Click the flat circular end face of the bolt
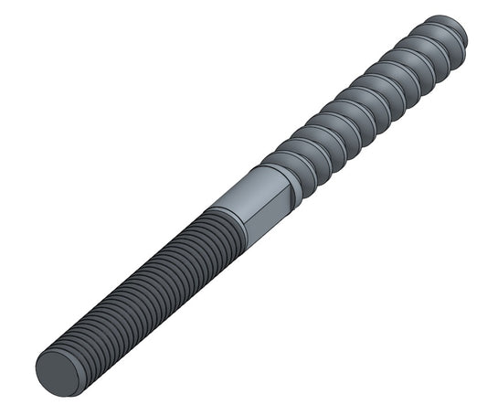pos(56,372)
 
